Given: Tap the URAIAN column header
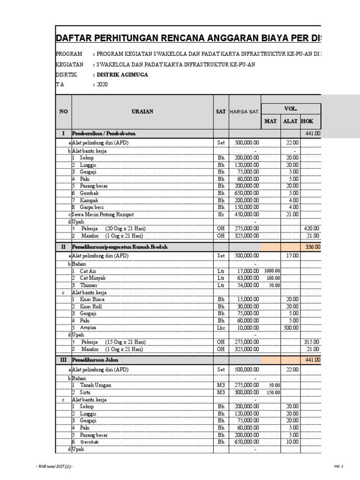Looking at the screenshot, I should [x=142, y=112].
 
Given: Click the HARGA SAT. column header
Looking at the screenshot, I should [x=244, y=112].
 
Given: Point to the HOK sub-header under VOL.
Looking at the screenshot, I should [x=307, y=121].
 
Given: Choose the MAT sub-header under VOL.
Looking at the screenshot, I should [x=270, y=121].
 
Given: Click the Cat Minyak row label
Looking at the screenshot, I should [x=93, y=278].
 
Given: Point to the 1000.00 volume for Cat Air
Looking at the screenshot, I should [x=271, y=271].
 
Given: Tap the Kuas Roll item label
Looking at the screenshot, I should [x=91, y=307].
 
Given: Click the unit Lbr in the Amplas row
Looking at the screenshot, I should [x=221, y=328].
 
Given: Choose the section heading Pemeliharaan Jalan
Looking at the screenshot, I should [x=95, y=360].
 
